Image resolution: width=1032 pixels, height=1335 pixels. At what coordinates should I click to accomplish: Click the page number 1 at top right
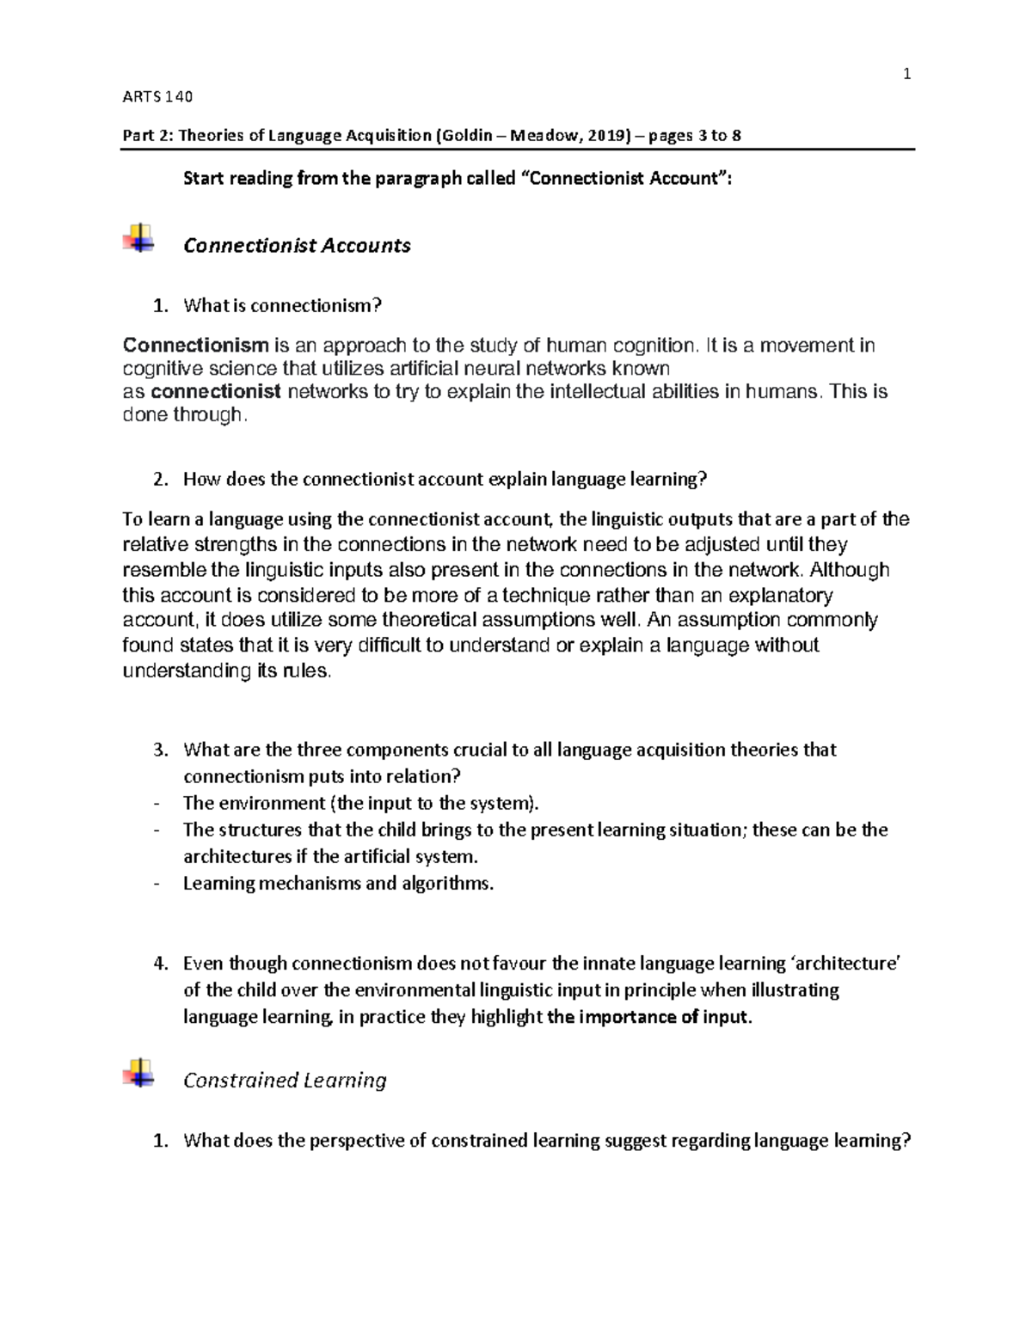[906, 74]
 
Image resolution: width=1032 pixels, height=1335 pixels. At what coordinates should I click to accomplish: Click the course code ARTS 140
[158, 96]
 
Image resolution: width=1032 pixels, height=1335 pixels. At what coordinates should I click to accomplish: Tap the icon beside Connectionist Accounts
[138, 238]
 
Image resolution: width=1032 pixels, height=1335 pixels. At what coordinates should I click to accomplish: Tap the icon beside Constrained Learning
[138, 1073]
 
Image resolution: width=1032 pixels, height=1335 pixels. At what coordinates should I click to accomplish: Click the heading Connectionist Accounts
[297, 245]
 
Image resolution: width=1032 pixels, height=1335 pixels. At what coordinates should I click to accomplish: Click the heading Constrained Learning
[285, 1080]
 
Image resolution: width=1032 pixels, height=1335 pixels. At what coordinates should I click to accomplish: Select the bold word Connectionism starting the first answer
[196, 346]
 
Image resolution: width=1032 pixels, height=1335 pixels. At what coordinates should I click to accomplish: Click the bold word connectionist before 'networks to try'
[216, 392]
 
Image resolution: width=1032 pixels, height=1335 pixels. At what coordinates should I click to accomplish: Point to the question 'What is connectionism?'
[282, 305]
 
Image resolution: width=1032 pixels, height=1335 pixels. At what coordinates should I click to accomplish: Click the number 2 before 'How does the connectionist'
[158, 480]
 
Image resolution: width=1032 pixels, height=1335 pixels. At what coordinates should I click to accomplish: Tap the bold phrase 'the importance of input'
[648, 1017]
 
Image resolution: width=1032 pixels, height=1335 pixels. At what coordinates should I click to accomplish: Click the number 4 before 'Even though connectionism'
[158, 964]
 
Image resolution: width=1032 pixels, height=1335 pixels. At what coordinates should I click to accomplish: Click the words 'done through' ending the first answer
[183, 415]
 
